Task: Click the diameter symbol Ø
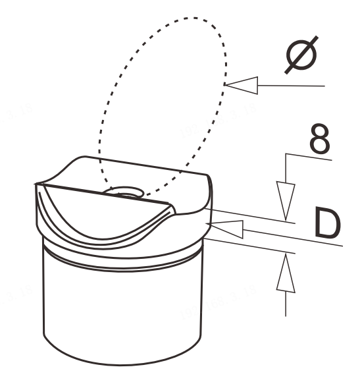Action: [x=301, y=55]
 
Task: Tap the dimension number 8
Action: [x=320, y=138]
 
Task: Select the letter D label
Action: [x=328, y=223]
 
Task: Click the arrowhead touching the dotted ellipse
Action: [x=241, y=86]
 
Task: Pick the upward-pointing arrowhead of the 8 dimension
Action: [x=286, y=273]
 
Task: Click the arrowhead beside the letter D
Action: [x=225, y=229]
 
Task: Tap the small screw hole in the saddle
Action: [x=124, y=192]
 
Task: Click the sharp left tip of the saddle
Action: [x=35, y=184]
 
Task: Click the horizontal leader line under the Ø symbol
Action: [x=291, y=86]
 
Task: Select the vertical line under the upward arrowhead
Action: [x=286, y=304]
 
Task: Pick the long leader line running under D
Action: [x=293, y=238]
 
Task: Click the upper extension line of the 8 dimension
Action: [x=249, y=216]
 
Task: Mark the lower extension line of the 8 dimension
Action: [x=249, y=246]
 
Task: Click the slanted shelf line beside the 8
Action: [x=309, y=157]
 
